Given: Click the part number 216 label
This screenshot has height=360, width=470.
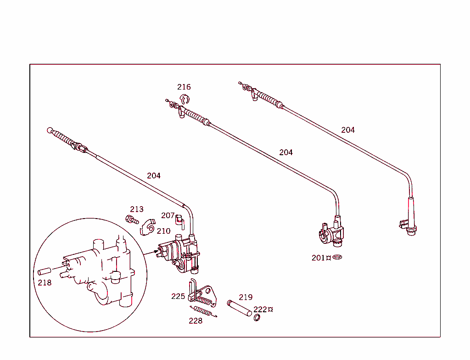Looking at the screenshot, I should [184, 87].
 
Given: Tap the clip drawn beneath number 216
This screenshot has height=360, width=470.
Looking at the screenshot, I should [185, 98].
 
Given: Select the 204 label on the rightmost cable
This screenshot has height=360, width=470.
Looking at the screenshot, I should [348, 130].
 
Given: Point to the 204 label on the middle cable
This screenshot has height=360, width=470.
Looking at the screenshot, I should [286, 152].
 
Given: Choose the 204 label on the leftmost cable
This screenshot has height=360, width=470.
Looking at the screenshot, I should [154, 175].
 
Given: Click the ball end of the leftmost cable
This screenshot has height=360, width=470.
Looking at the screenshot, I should [50, 130].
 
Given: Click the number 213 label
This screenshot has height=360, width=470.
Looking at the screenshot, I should [137, 209].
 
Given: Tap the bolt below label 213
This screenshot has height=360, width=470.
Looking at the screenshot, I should [132, 220].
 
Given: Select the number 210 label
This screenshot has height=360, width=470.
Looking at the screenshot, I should [163, 231].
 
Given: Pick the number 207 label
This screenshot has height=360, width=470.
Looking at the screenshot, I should [168, 215].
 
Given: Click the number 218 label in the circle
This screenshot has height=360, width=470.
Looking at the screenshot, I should [45, 282].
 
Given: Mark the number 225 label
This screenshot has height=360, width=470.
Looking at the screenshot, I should [178, 296].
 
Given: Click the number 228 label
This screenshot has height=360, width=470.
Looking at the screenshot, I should [196, 321].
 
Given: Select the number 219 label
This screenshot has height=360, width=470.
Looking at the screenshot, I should [246, 297].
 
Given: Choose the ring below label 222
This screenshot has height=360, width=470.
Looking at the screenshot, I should [257, 318].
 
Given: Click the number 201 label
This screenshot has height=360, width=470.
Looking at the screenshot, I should [319, 258].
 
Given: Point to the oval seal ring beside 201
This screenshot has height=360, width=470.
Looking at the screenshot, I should [337, 257].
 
